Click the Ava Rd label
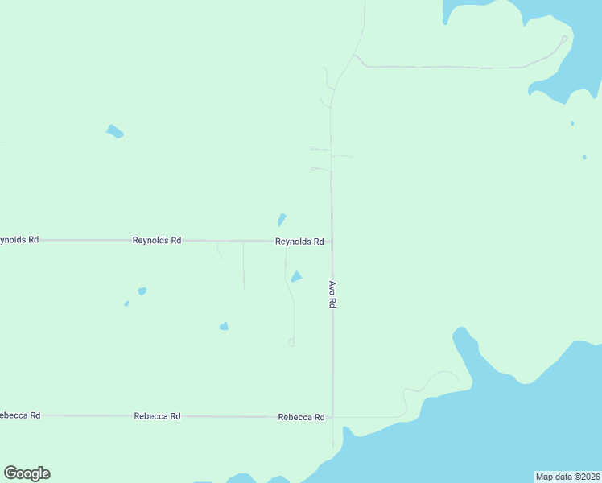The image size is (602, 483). (332, 295)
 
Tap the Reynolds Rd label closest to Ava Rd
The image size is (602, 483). (299, 242)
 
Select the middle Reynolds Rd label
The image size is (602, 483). (157, 241)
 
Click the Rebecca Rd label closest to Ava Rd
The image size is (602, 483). (301, 417)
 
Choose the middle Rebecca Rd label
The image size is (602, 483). (157, 416)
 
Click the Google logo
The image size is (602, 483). (27, 473)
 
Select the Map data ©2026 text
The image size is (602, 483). (567, 477)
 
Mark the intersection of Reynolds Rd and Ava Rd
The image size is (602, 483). (332, 241)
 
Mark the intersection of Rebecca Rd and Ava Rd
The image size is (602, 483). (332, 417)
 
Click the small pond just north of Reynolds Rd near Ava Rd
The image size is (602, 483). (282, 219)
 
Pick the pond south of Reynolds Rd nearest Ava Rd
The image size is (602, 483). (296, 277)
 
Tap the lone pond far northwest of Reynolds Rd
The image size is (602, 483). (115, 131)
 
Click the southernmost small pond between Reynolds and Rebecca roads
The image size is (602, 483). (224, 326)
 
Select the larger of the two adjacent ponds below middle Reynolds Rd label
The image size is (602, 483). (142, 291)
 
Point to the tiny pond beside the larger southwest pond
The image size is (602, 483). (126, 303)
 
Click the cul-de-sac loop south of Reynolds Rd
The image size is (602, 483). (291, 343)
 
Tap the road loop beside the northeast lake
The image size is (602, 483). (564, 39)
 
